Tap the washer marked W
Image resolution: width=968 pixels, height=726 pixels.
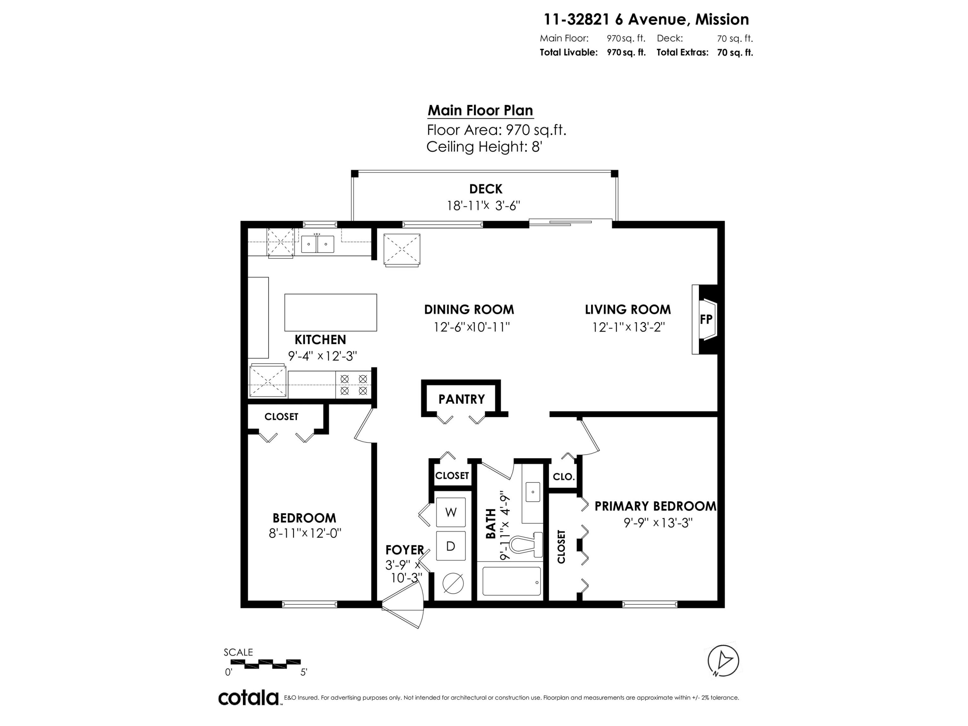point(451,512)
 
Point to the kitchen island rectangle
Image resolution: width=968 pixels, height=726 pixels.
point(330,312)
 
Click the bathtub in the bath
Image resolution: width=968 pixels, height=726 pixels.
point(511,581)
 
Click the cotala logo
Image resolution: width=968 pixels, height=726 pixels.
point(248,698)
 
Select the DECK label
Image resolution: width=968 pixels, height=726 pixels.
point(485,189)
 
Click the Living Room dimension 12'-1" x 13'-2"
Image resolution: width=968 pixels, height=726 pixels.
point(628,327)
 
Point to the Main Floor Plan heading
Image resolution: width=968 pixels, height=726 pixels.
point(480,110)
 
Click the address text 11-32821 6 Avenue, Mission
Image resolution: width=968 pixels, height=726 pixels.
point(646,20)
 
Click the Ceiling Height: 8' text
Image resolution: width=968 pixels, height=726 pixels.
point(484,147)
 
